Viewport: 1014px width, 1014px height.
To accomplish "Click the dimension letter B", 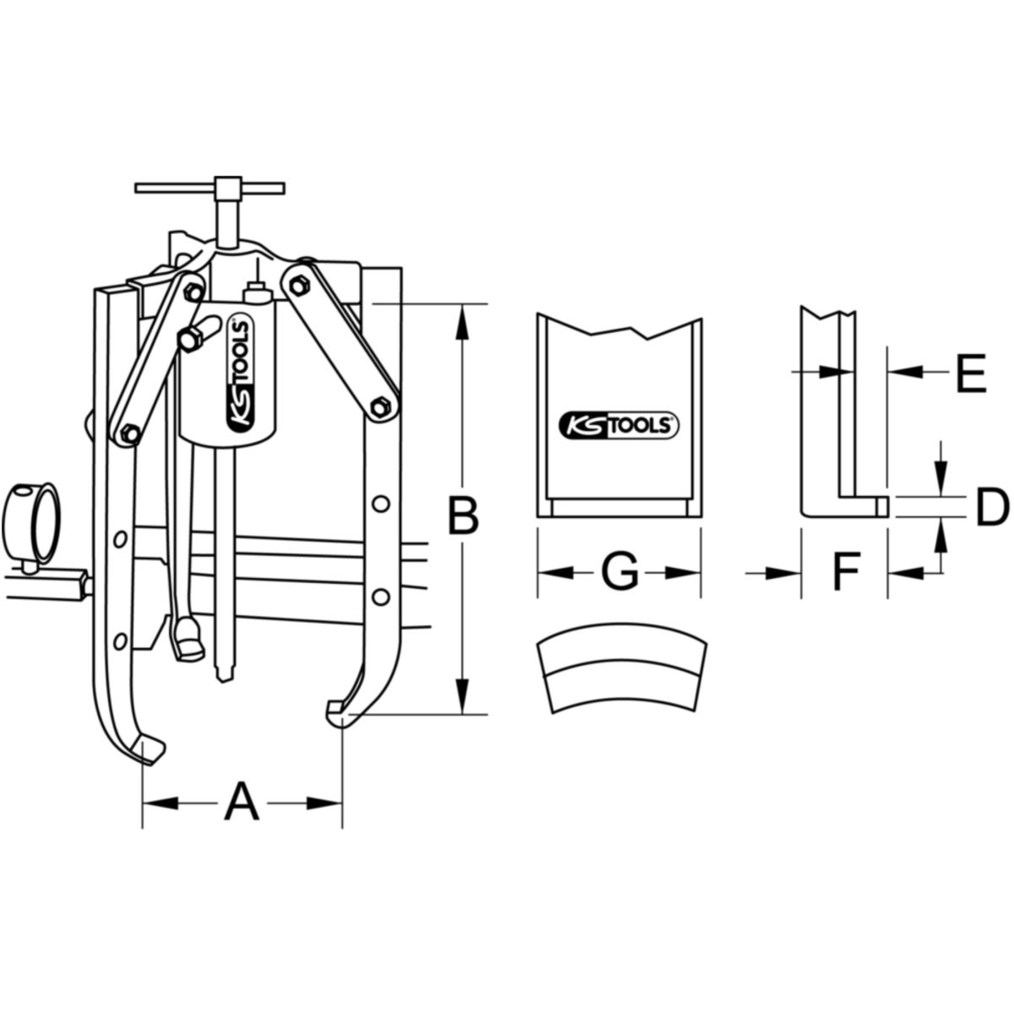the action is point(463,514).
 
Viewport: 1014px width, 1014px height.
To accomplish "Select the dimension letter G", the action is point(619,572).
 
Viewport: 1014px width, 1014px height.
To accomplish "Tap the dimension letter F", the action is point(846,572).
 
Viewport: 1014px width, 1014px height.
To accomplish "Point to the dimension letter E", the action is point(972,373).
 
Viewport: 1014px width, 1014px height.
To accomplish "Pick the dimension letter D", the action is point(993,507).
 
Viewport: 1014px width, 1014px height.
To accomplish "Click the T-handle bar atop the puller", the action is point(210,188).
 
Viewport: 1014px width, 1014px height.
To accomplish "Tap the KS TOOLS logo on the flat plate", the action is point(619,425).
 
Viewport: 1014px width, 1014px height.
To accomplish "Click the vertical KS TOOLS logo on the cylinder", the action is point(240,374).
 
